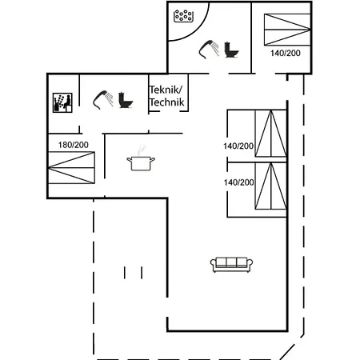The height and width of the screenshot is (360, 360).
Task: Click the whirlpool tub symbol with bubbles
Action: [x=183, y=16]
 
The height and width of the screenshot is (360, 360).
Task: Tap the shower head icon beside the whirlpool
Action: [x=209, y=49]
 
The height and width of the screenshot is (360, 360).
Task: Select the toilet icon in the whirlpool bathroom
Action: [x=231, y=50]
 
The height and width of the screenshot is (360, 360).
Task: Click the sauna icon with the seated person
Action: [x=62, y=102]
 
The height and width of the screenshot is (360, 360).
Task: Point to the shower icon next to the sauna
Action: [x=103, y=100]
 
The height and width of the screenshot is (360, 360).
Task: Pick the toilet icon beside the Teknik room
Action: [x=126, y=100]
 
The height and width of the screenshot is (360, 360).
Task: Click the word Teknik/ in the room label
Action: [x=166, y=90]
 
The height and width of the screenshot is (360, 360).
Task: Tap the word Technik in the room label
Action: [x=167, y=102]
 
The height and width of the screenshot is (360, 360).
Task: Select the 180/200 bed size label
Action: [x=74, y=145]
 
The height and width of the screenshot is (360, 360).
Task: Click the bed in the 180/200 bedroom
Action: [x=71, y=168]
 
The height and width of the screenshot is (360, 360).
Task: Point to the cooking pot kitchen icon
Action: [x=141, y=163]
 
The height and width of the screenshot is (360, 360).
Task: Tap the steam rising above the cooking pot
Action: [x=142, y=150]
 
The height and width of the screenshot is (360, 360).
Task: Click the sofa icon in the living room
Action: [x=231, y=265]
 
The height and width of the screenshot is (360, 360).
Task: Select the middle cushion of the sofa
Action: [x=231, y=262]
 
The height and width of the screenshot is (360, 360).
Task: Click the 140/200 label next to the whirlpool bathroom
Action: [x=286, y=53]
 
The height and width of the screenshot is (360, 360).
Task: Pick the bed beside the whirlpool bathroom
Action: [x=287, y=30]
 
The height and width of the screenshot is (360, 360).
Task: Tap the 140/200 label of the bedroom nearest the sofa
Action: [x=238, y=182]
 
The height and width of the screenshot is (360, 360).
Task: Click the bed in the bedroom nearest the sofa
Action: [x=270, y=186]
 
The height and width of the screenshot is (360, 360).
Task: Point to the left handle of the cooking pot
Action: [x=130, y=159]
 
